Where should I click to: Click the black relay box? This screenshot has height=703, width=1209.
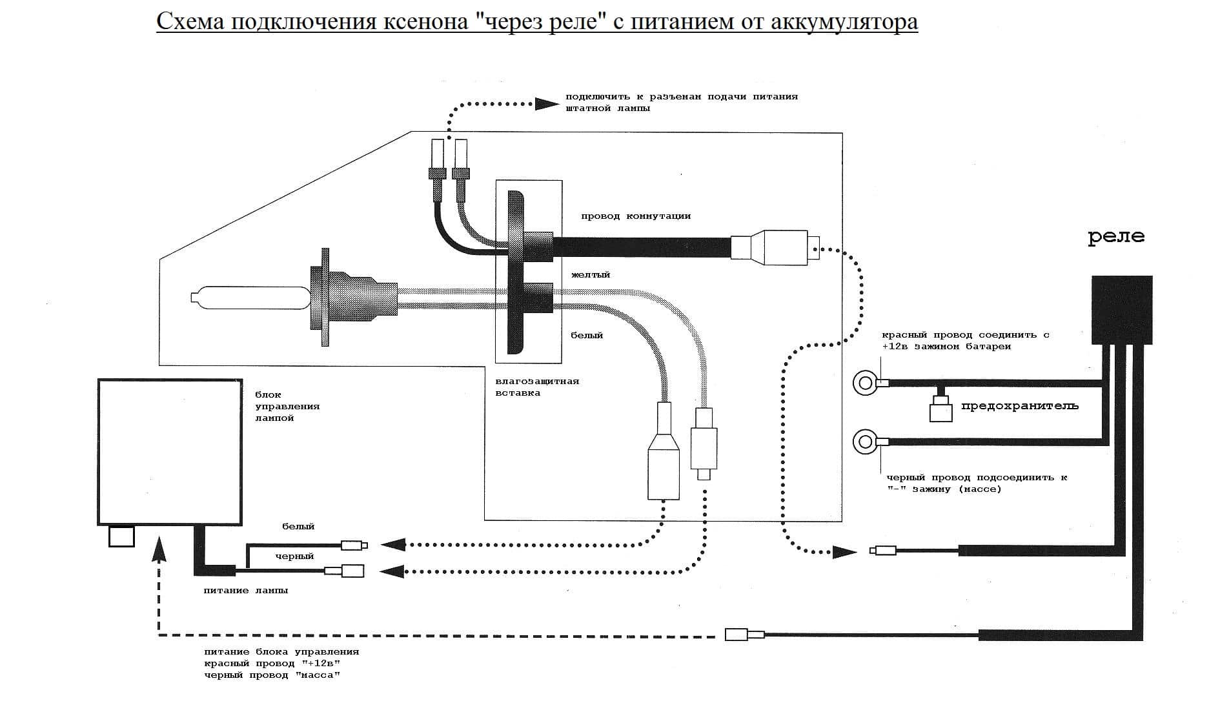(x=1121, y=310)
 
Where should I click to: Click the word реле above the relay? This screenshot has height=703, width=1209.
(x=1116, y=237)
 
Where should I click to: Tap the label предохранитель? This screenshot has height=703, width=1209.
(x=1019, y=406)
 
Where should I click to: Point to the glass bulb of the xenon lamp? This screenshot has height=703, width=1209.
(x=249, y=298)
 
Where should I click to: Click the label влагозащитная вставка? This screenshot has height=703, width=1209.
(x=536, y=387)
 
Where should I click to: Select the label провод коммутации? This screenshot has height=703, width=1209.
(x=635, y=216)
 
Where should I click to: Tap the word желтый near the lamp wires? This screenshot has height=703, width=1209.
(x=590, y=275)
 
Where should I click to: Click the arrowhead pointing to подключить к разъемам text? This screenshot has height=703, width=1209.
(x=547, y=103)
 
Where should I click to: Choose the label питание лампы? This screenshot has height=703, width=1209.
(x=245, y=591)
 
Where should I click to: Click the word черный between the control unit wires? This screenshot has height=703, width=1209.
(x=294, y=556)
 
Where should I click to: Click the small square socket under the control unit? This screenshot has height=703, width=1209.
(x=121, y=536)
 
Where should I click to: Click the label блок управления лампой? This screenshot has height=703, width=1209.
(x=287, y=406)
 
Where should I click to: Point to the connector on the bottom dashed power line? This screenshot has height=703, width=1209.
(x=744, y=635)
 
